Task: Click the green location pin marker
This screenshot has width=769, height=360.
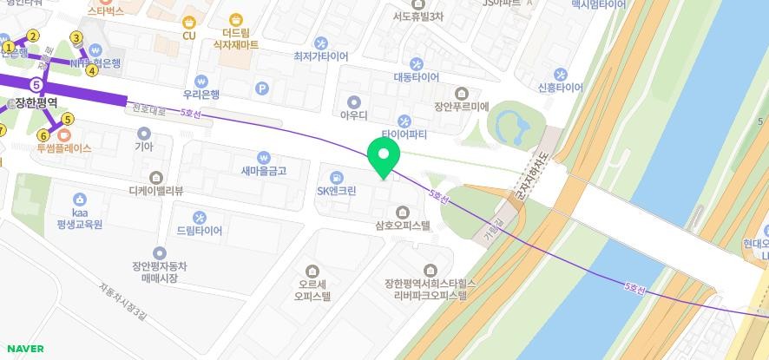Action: tap(384, 156)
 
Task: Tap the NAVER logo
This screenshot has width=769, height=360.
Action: tap(25, 349)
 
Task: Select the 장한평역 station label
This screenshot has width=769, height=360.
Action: tap(36, 102)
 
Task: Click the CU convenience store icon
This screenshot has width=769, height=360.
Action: tap(188, 22)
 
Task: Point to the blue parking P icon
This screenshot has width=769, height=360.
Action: tap(262, 88)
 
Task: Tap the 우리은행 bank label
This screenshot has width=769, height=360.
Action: tap(201, 95)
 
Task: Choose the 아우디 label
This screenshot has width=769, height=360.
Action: tap(353, 115)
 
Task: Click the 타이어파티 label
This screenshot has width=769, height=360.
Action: tap(404, 134)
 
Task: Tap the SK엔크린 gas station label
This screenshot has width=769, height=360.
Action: tap(335, 191)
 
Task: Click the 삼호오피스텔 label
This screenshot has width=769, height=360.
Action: tap(403, 225)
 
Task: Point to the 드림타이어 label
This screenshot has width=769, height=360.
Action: tap(200, 231)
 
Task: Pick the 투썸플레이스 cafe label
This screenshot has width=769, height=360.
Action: tap(63, 148)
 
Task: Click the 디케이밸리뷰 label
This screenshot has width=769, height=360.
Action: tap(155, 191)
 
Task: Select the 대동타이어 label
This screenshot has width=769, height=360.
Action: tap(417, 76)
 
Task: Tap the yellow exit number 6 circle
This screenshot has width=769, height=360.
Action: tap(43, 135)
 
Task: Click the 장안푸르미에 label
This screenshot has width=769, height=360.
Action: tap(461, 108)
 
